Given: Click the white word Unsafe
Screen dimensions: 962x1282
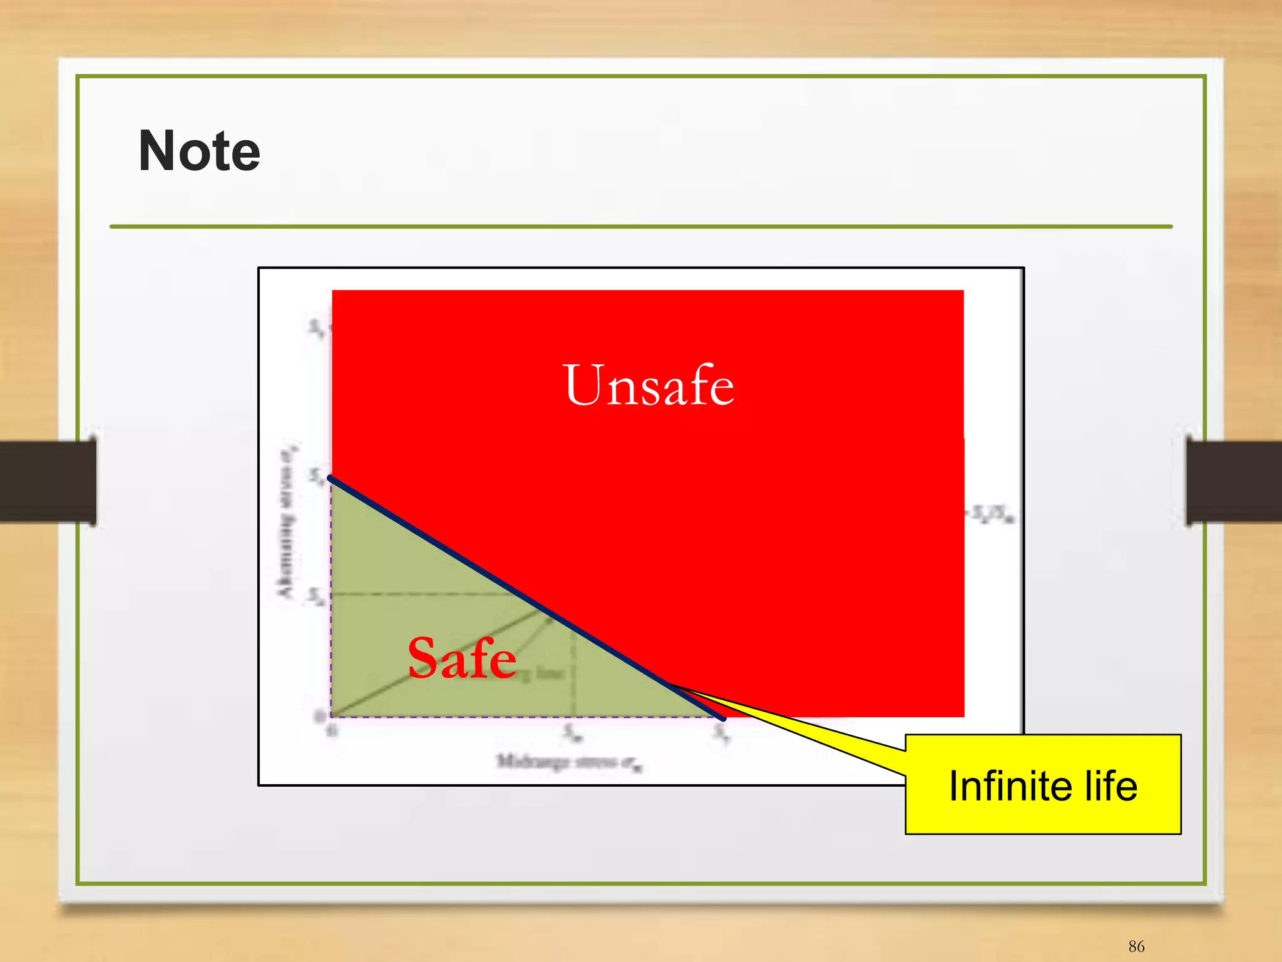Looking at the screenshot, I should click(x=649, y=386).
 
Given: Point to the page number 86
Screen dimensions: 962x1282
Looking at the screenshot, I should click(x=1136, y=946).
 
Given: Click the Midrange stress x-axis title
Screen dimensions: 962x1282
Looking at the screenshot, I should click(x=570, y=762).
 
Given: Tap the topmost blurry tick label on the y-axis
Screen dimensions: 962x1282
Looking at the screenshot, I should click(x=316, y=327).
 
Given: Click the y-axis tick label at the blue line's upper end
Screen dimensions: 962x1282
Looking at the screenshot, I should click(x=316, y=477).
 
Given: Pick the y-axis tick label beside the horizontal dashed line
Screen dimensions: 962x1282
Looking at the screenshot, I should click(x=316, y=596).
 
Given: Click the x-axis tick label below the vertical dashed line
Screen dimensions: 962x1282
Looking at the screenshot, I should click(x=573, y=733).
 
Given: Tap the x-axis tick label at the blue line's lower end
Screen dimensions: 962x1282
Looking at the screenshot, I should click(x=722, y=733).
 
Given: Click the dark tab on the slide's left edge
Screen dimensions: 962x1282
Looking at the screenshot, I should click(x=48, y=481).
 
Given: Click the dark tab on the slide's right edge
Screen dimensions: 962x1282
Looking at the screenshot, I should click(x=1233, y=481).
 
